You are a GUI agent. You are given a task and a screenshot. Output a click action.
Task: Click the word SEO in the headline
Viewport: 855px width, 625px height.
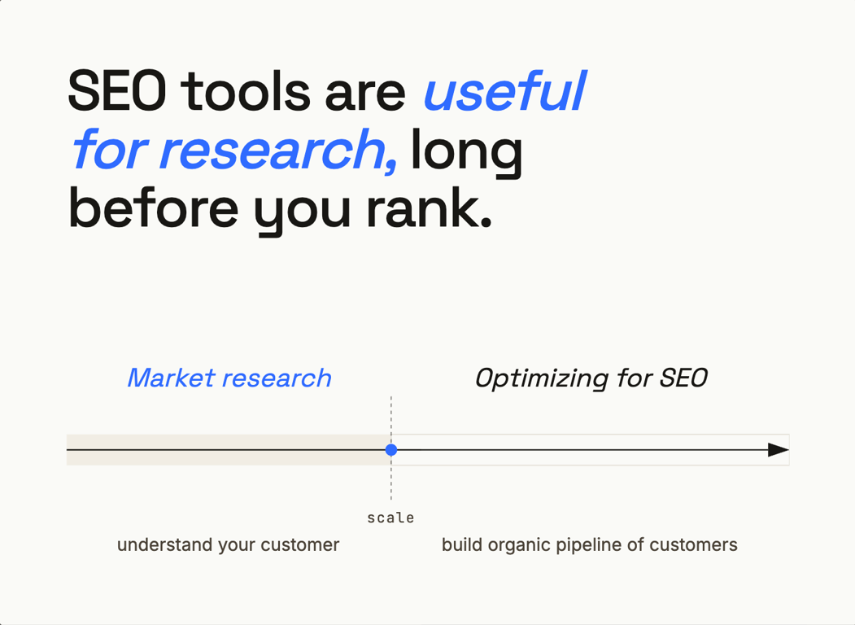point(117,90)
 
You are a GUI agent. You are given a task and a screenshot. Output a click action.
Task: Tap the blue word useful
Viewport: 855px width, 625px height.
point(505,90)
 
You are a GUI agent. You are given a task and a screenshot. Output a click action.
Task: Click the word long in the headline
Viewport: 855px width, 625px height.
point(466,153)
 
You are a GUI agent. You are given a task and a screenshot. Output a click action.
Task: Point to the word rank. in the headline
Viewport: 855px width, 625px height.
point(430,208)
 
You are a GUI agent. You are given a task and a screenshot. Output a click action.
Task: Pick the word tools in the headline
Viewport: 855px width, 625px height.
point(246,90)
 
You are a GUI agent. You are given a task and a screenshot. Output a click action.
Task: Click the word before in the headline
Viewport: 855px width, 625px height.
point(153,208)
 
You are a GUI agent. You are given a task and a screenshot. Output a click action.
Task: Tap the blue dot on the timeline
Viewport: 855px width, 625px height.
point(391,450)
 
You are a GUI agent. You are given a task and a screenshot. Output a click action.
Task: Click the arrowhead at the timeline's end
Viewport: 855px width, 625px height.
point(778,450)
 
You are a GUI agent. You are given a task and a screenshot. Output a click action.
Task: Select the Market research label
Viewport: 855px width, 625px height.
point(229,378)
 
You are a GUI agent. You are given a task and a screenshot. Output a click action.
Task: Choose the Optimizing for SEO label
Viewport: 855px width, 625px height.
point(591,378)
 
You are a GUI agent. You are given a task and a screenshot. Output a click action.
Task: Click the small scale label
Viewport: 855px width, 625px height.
point(390,518)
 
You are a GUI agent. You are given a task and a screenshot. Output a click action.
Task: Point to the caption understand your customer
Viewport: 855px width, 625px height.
point(228,544)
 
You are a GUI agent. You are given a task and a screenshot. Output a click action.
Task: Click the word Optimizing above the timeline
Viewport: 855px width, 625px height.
point(542,378)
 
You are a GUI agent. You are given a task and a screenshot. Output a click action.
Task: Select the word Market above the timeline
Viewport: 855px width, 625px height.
point(171,378)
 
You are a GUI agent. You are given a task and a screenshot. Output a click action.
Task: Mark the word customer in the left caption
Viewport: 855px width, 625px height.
point(300,545)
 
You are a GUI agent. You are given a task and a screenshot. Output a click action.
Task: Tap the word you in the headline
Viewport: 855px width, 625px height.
point(302,212)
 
